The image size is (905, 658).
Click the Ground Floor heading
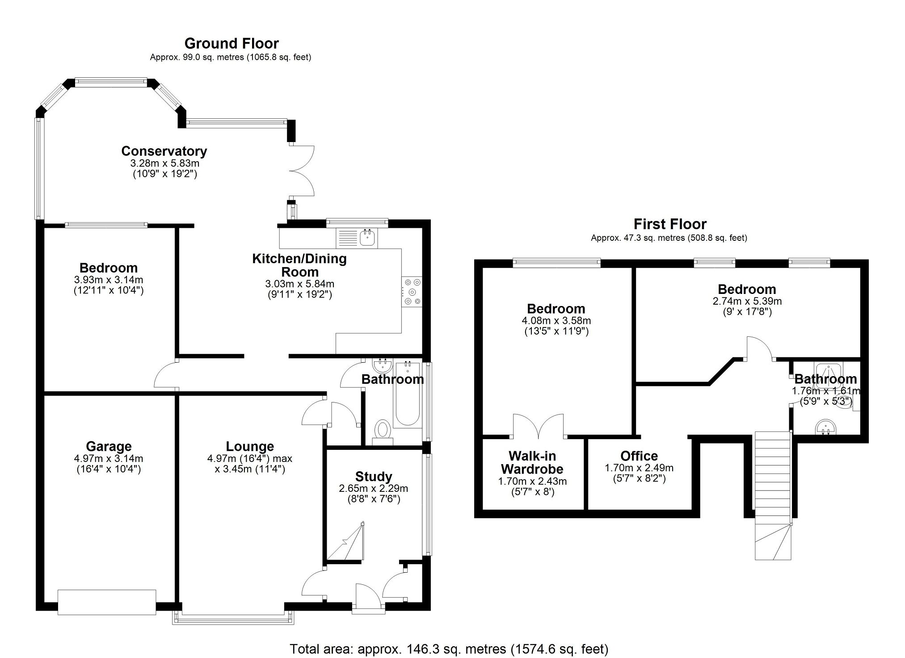pos(231,43)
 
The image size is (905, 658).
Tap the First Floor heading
pos(670,224)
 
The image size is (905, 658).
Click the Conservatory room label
pos(164,151)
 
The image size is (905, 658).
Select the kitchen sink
pos(368,238)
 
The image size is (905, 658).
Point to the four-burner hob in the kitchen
pos(412,292)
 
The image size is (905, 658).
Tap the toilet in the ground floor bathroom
pos(382,431)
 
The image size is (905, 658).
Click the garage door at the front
pos(107,602)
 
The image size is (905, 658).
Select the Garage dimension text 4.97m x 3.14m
pos(109,458)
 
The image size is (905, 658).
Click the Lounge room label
pos(250,446)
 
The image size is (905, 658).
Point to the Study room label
pos(374,476)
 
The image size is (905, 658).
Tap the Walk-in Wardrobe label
pos(532,462)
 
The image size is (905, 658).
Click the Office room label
pos(639,456)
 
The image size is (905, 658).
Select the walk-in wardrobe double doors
pos(539,426)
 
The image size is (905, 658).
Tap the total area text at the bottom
pos(449,649)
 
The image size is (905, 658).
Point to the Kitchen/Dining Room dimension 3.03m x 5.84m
pos(299,284)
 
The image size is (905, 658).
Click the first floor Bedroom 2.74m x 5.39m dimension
pos(747,301)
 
